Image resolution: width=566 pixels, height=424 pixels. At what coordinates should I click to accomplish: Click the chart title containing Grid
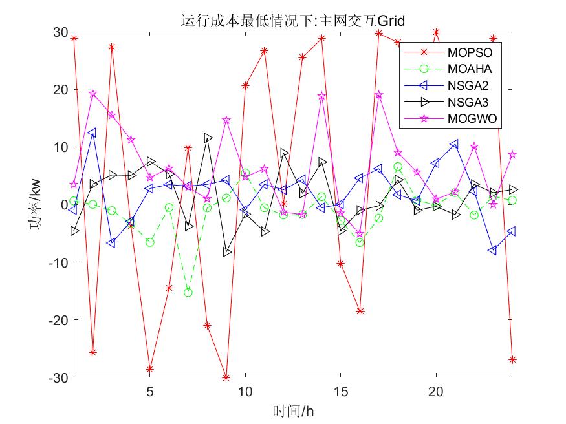[x=292, y=21]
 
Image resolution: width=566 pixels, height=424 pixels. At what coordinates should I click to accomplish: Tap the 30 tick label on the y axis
[x=60, y=32]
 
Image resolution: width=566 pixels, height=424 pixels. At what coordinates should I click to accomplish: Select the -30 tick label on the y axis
[x=58, y=377]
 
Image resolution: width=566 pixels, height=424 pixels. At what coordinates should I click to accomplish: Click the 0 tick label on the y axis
[x=64, y=205]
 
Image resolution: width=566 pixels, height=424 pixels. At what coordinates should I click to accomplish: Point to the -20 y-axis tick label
[x=58, y=319]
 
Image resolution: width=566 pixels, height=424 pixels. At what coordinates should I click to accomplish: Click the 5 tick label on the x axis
[x=150, y=391]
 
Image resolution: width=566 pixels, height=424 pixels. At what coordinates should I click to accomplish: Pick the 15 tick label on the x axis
[x=340, y=391]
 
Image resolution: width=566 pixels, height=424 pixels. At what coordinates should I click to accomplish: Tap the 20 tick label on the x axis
[x=436, y=391]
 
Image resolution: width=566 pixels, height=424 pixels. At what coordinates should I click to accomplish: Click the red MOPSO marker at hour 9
[x=226, y=377]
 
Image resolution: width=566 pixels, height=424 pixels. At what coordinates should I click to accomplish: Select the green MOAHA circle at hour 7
[x=188, y=293]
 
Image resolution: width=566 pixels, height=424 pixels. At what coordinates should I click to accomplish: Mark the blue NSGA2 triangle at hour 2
[x=93, y=132]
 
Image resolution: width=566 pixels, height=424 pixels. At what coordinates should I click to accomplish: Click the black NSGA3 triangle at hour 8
[x=208, y=138]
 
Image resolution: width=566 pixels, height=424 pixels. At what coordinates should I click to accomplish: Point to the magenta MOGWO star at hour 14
[x=321, y=96]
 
